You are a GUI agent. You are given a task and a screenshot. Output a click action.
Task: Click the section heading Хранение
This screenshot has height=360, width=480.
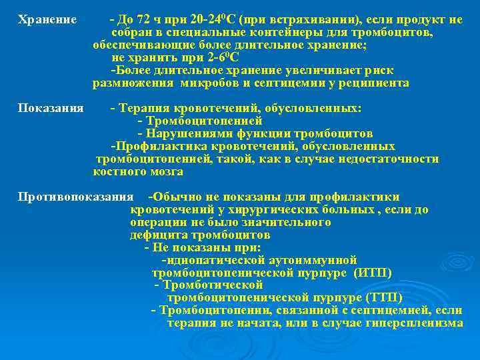click(47, 20)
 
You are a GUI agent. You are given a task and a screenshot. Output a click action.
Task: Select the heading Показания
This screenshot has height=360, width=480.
click(51, 108)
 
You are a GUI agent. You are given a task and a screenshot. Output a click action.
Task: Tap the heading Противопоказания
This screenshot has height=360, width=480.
click(76, 197)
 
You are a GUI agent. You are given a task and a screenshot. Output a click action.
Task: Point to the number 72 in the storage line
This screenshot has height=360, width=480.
click(145, 20)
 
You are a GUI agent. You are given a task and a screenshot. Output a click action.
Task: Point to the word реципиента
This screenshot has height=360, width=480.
click(374, 83)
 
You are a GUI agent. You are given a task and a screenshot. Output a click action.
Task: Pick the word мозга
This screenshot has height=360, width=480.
click(166, 171)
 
